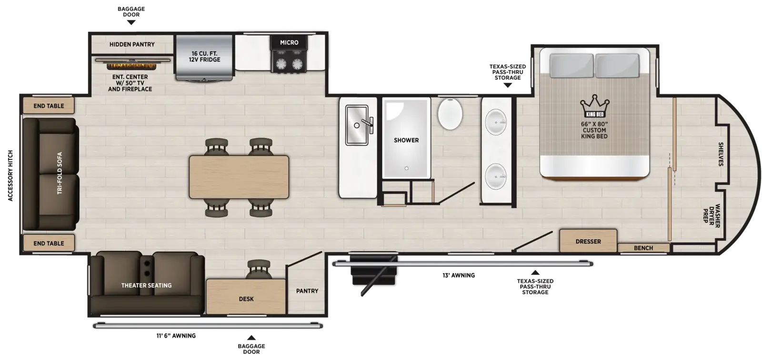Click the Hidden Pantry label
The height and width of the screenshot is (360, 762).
132,44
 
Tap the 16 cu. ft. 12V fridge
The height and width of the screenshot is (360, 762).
204,57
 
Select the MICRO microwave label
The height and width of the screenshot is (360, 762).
289,42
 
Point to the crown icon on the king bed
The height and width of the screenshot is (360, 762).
595,106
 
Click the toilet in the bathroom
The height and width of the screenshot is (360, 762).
450,114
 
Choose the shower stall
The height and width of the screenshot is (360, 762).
406,138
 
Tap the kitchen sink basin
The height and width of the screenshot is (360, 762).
357,125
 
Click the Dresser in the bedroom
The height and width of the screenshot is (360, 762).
588,240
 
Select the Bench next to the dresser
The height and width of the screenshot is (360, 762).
643,248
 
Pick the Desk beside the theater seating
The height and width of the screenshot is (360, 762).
246,296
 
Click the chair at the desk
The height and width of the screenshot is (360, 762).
259,269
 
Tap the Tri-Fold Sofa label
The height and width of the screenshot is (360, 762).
60,173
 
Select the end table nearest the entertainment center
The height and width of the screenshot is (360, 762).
48,106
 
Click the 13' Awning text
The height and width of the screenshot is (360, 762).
459,275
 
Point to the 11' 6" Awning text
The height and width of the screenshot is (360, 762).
176,336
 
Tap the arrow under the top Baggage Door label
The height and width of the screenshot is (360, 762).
131,22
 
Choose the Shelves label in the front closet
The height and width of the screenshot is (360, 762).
721,154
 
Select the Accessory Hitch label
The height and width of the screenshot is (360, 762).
10,176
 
